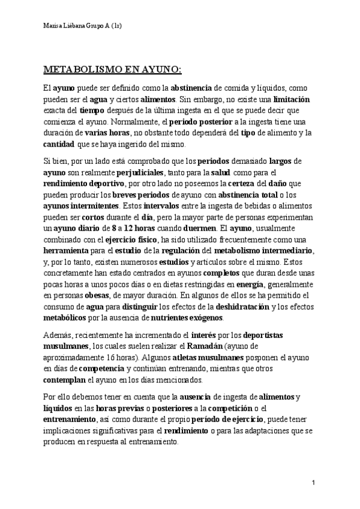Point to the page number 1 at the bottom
click(x=314, y=483)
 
